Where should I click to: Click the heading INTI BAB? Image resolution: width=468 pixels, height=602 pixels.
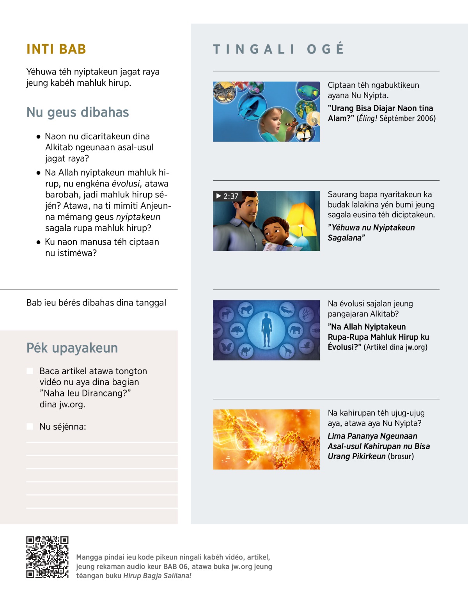56,49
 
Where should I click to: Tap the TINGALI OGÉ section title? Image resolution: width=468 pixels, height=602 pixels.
278,49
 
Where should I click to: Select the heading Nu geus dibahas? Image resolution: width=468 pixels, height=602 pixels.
78,112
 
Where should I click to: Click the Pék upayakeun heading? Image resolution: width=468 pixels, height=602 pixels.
72,348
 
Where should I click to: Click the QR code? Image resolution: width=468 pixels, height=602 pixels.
47,557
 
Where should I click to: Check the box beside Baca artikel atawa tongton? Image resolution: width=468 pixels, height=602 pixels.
30,371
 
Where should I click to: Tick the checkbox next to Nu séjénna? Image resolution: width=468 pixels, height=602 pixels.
30,426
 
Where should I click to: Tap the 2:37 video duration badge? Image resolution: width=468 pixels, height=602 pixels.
227,196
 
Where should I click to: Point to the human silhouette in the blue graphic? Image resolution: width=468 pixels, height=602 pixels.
266,330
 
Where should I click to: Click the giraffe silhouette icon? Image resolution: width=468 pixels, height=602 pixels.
287,351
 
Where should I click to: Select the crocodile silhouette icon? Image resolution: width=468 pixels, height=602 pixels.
287,310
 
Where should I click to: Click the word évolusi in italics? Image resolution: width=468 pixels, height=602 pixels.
126,184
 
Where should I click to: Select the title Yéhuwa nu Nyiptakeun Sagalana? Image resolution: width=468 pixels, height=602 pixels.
371,233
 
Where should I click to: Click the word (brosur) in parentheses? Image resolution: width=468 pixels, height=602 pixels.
401,456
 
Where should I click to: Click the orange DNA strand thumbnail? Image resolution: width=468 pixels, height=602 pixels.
266,439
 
